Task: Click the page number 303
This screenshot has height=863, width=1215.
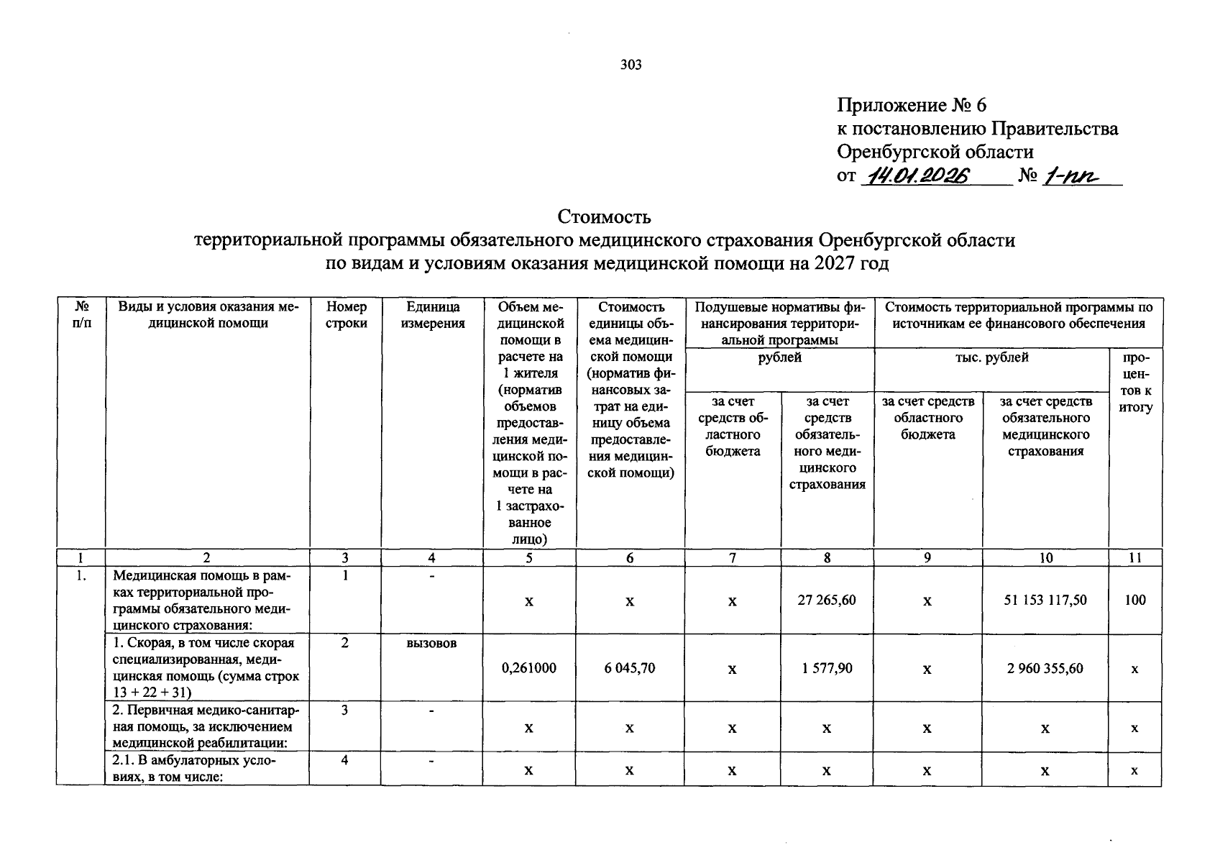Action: point(631,65)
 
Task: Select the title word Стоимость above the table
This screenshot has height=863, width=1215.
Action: point(605,216)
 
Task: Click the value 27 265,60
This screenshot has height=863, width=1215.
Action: point(827,600)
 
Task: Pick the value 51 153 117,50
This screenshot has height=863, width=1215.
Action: point(1045,600)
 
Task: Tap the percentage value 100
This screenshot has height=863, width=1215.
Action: point(1135,600)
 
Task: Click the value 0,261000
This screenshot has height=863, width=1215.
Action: point(529,668)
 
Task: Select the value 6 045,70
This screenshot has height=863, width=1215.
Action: point(630,668)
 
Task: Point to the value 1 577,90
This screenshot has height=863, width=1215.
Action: point(827,668)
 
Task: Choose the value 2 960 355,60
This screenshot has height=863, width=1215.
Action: point(1045,668)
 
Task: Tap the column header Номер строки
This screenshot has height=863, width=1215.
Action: point(346,315)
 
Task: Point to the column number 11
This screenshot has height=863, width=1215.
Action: point(1135,558)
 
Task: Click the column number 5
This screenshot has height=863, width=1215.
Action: point(529,558)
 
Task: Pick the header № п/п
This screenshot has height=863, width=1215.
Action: point(81,315)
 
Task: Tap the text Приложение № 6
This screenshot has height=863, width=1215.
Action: point(912,106)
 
